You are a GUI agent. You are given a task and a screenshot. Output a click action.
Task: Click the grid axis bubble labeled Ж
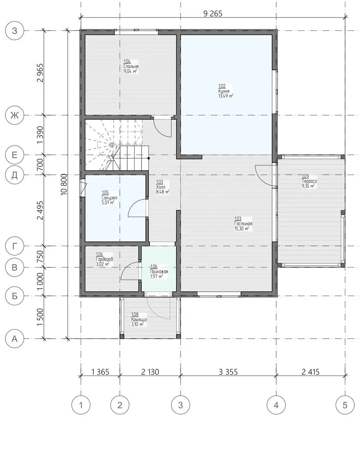click(15, 115)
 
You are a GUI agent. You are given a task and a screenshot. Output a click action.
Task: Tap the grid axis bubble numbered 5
click(345, 405)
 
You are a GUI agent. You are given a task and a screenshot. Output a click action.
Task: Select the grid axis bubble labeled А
click(15, 339)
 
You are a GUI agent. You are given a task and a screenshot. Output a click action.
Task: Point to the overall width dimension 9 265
click(213, 14)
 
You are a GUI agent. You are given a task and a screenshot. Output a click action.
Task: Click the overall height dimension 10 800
click(64, 185)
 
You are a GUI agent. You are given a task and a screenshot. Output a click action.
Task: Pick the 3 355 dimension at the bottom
click(228, 372)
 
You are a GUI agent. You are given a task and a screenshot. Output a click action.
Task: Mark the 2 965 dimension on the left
click(40, 73)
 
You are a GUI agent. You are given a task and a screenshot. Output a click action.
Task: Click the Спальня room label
click(131, 66)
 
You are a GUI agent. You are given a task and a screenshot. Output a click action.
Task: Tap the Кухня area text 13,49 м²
click(226, 96)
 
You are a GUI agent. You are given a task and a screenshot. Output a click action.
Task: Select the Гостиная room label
click(243, 224)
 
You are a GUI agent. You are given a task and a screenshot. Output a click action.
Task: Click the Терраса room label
click(309, 181)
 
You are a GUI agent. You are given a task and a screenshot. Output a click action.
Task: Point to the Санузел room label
click(109, 198)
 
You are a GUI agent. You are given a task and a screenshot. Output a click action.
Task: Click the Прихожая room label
click(159, 271)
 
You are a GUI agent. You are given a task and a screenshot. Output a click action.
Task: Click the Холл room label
click(161, 187)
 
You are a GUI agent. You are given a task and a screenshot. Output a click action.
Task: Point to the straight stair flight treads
click(131, 158)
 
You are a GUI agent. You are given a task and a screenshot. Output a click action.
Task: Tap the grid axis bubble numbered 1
click(81, 405)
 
